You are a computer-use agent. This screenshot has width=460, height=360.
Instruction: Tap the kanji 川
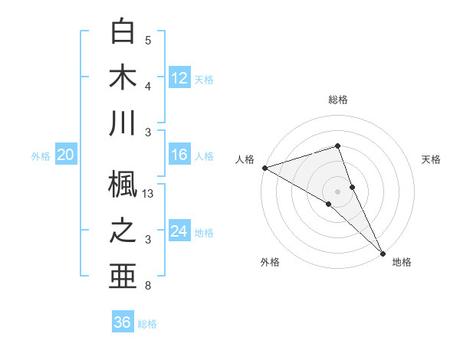point(123,123)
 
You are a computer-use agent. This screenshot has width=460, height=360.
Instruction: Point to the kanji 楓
point(123,183)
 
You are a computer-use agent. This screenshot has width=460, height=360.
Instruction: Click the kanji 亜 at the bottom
point(123,276)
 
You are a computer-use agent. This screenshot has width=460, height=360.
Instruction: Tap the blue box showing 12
point(179,77)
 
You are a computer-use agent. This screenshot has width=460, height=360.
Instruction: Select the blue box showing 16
point(179,155)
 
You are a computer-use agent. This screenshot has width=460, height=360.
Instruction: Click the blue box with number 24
point(179,232)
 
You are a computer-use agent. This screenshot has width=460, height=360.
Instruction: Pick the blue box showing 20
point(66,155)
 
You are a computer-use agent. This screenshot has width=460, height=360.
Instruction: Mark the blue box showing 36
point(123,322)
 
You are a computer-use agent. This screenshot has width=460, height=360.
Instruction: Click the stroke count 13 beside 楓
point(149,195)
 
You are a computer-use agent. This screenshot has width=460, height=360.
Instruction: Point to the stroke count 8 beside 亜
point(148,286)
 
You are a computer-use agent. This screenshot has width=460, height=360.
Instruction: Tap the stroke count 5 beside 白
point(148,41)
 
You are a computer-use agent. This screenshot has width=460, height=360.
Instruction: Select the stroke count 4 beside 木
point(148,87)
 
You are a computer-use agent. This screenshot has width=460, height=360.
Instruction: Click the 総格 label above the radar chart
point(338,100)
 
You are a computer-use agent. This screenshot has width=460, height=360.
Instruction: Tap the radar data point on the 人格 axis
point(264,167)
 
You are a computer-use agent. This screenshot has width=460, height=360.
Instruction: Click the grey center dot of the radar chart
point(338,191)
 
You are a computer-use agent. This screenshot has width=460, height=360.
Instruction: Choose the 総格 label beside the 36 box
point(147,324)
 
